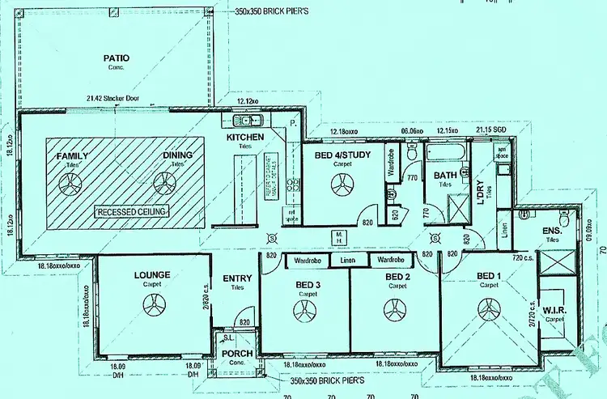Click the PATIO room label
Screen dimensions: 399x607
116,58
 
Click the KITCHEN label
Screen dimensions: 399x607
244,138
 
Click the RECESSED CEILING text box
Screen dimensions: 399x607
131,211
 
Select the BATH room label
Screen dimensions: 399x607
445,175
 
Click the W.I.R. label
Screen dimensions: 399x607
554,310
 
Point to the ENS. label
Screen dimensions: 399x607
553,231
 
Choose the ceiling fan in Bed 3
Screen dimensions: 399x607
306,309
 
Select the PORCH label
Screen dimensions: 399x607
236,354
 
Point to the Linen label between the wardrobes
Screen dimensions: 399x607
348,260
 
